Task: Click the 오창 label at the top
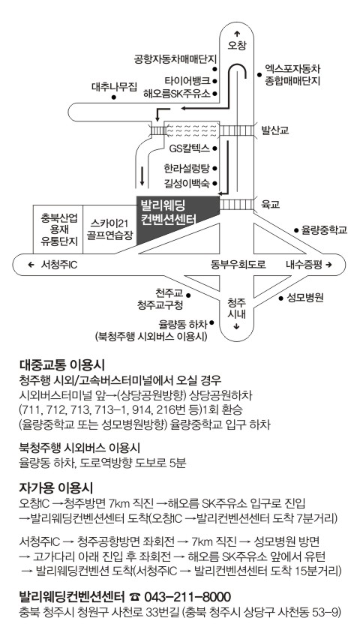pos(237,44)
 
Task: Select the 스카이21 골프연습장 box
pos(109,229)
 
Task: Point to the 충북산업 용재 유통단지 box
pos(58,229)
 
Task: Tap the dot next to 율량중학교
pos(296,230)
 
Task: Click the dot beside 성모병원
pos(280,298)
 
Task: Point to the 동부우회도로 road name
pos(238,265)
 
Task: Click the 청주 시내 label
pos(237,309)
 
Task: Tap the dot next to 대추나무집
pos(114,97)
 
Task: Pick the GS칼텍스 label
pos(190,148)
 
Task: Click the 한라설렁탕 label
pos(187,167)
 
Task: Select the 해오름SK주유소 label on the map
pos(177,94)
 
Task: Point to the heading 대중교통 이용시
pos(62,365)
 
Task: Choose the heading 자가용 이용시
pos(56,487)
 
